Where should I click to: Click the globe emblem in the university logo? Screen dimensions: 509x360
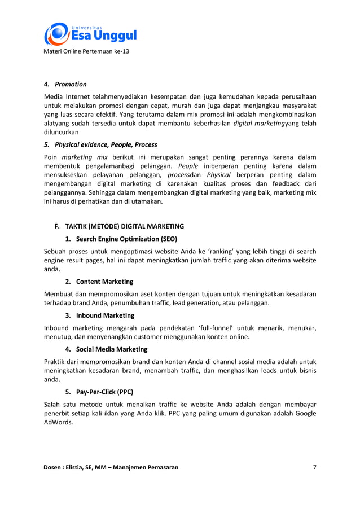[56, 34]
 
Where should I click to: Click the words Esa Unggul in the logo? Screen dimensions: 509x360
[103, 37]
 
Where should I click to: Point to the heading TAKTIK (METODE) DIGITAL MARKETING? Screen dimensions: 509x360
[118, 226]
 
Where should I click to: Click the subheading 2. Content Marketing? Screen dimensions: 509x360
[99, 282]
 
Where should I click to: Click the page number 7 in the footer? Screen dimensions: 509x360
[314, 467]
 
